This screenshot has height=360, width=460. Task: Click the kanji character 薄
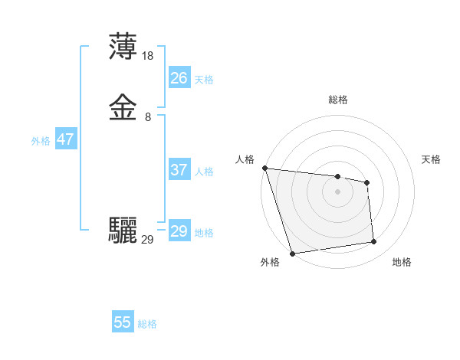click(123, 47)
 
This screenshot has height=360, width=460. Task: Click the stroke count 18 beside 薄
click(148, 56)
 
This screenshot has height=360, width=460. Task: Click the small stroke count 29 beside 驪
click(148, 240)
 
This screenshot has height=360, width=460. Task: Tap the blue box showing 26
click(179, 77)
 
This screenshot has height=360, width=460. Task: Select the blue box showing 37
click(179, 170)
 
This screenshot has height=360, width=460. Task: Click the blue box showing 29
click(179, 231)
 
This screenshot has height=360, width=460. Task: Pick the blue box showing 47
click(65, 139)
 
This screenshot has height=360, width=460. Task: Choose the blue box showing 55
click(123, 322)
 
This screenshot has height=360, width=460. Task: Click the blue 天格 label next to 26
click(204, 79)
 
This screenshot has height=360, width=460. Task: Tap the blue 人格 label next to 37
click(204, 172)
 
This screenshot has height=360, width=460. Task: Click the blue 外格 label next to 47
click(40, 141)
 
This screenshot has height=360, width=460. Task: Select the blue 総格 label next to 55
click(147, 324)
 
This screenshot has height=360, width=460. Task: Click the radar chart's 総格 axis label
click(338, 100)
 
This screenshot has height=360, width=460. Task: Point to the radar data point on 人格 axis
click(264, 168)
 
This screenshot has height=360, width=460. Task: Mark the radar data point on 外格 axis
click(292, 253)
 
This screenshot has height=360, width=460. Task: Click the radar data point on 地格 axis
click(374, 242)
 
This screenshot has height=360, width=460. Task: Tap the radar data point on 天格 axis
click(367, 182)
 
